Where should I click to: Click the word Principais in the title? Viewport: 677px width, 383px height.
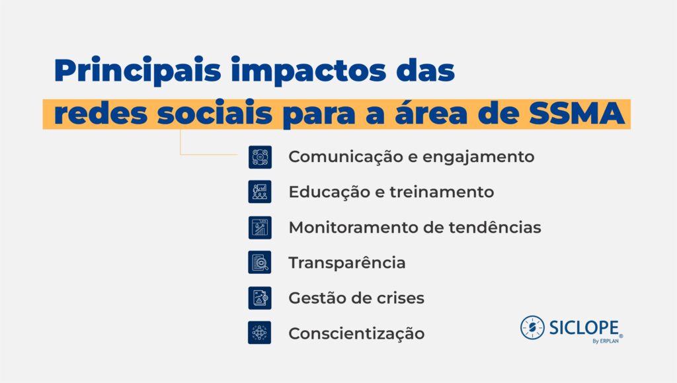(x=138, y=70)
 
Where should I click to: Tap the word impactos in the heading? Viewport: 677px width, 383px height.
(x=309, y=70)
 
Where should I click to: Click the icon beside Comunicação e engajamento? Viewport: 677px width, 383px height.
(x=260, y=157)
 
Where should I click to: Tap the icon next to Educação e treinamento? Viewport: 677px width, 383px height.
(x=260, y=192)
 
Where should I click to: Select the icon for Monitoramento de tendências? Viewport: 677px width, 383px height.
(x=260, y=228)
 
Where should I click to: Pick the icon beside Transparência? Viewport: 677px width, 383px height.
(x=260, y=263)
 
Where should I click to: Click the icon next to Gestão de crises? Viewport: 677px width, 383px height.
(x=260, y=298)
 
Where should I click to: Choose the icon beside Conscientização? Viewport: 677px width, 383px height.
(x=260, y=333)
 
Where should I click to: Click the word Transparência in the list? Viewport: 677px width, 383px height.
(x=347, y=263)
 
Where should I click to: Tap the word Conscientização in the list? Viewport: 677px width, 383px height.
(x=356, y=333)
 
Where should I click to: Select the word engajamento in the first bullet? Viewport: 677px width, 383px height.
(x=479, y=157)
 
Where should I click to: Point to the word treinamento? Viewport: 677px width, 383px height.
(x=442, y=192)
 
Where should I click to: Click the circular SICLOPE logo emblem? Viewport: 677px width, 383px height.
(x=532, y=327)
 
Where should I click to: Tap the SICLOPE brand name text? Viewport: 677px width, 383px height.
(x=584, y=328)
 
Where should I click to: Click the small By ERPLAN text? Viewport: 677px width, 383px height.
(x=606, y=341)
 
